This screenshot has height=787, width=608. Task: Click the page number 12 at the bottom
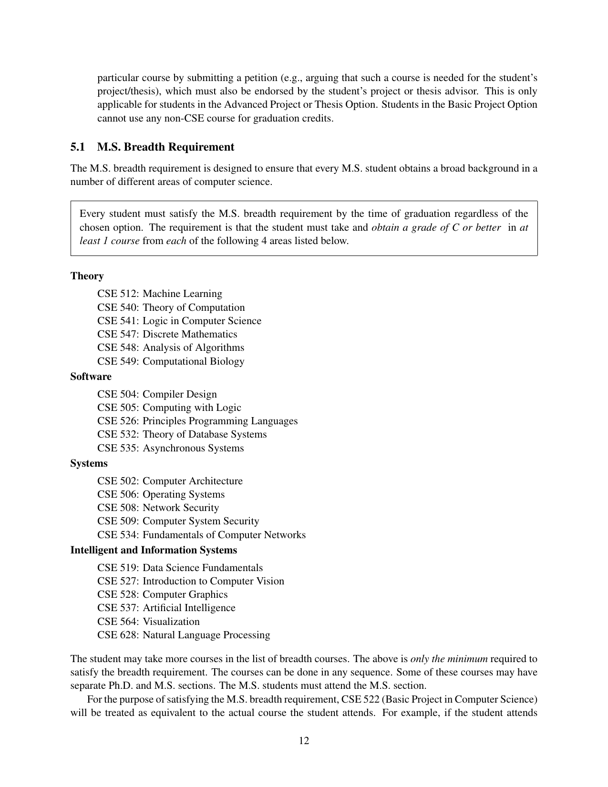point(304,740)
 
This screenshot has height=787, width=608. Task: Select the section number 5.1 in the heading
point(78,147)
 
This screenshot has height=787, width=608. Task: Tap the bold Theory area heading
point(87,276)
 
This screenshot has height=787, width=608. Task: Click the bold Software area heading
point(91,377)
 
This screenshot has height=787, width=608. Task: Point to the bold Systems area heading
point(89,463)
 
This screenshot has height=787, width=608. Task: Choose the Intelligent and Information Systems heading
point(154,550)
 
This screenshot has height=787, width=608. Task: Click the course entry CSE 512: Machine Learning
point(160,294)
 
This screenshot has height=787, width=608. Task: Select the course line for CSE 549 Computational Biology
point(171,361)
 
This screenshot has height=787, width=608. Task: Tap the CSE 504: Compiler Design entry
point(157,394)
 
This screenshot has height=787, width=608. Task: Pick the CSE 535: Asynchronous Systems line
point(170,448)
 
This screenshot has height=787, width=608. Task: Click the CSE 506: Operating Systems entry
point(161,494)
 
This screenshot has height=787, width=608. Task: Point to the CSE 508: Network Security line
point(158,508)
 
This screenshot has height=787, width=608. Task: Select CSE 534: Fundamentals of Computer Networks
point(201,535)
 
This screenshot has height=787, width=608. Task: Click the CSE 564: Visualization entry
point(148,622)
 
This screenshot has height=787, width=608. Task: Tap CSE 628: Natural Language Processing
point(184,635)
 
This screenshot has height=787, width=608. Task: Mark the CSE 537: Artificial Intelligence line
point(166,608)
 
